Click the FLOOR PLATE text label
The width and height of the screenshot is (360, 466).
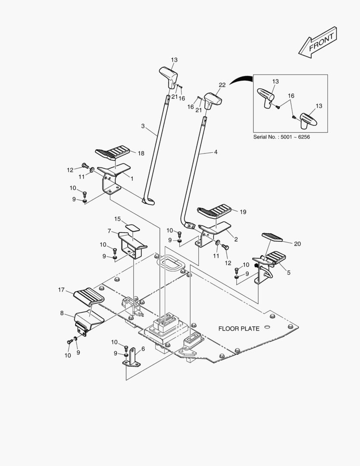click(238, 329)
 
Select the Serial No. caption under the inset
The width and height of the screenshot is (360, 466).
click(282, 137)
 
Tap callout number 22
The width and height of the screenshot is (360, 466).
click(222, 85)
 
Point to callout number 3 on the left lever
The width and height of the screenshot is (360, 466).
click(143, 126)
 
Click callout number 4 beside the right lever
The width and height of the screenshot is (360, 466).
click(215, 152)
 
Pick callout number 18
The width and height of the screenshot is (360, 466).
click(141, 153)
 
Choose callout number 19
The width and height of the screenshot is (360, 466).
click(243, 212)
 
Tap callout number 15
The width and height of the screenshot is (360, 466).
click(117, 219)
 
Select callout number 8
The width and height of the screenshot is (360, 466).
click(62, 313)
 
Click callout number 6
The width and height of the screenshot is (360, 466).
click(143, 349)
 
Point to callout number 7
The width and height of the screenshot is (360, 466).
click(110, 231)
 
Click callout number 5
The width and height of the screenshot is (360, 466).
click(288, 273)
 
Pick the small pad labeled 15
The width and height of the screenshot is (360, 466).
click(133, 227)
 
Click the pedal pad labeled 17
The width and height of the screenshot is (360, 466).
click(90, 297)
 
